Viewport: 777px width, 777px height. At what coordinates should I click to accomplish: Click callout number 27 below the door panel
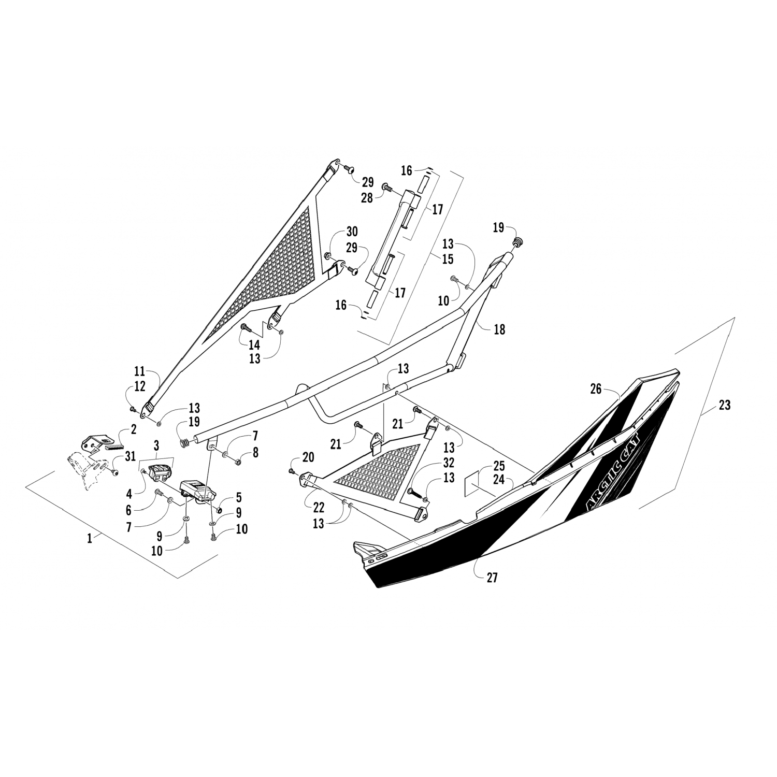pos(492,577)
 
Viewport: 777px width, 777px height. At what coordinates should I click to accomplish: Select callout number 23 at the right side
pos(724,405)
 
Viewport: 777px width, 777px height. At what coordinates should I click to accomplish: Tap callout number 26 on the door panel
pos(596,388)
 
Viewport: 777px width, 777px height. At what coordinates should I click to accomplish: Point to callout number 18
pos(499,329)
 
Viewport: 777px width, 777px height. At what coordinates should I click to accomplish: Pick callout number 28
pos(367,197)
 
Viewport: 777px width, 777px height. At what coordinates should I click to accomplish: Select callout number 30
pos(352,232)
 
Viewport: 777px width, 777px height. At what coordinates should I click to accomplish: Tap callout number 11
pos(140,371)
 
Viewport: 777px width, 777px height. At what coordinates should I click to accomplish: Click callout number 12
pos(140,386)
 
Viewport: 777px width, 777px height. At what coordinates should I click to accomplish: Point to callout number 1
pos(90,538)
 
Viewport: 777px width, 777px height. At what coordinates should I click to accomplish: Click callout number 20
pos(308,456)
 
